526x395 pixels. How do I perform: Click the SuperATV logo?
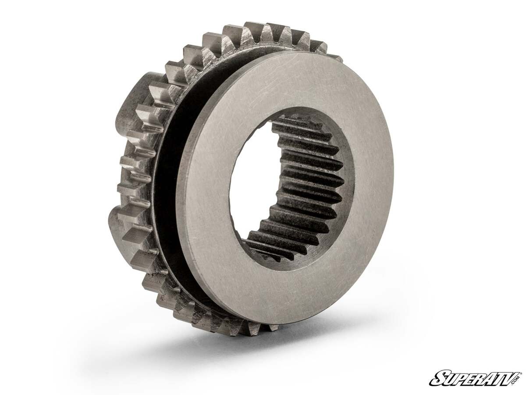click(x=476, y=378)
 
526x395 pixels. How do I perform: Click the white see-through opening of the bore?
click(x=252, y=184)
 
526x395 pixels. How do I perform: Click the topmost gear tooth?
click(x=254, y=31)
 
